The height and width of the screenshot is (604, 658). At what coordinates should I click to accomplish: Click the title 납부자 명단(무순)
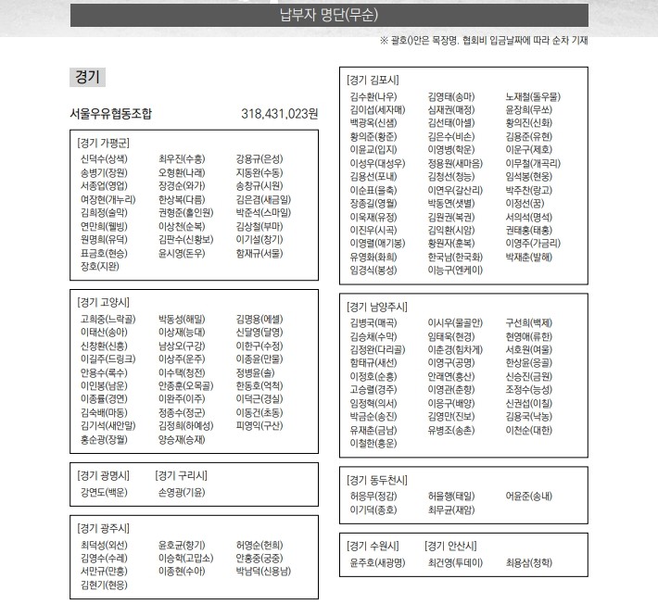point(328,16)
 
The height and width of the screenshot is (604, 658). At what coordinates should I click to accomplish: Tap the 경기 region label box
point(88,78)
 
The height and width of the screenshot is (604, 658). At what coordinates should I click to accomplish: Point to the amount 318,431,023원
point(279,114)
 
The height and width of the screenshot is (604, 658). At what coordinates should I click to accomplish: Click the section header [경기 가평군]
point(104,144)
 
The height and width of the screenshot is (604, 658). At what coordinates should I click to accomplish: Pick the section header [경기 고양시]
point(104,302)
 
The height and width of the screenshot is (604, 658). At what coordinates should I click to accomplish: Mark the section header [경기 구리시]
point(182,475)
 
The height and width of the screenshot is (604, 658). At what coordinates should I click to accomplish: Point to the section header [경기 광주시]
point(104,528)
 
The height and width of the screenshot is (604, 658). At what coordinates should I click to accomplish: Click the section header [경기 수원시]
point(373,545)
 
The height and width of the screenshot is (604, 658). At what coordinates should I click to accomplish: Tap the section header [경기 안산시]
point(450,545)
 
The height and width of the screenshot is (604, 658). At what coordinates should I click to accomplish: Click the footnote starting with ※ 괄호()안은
point(484,40)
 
